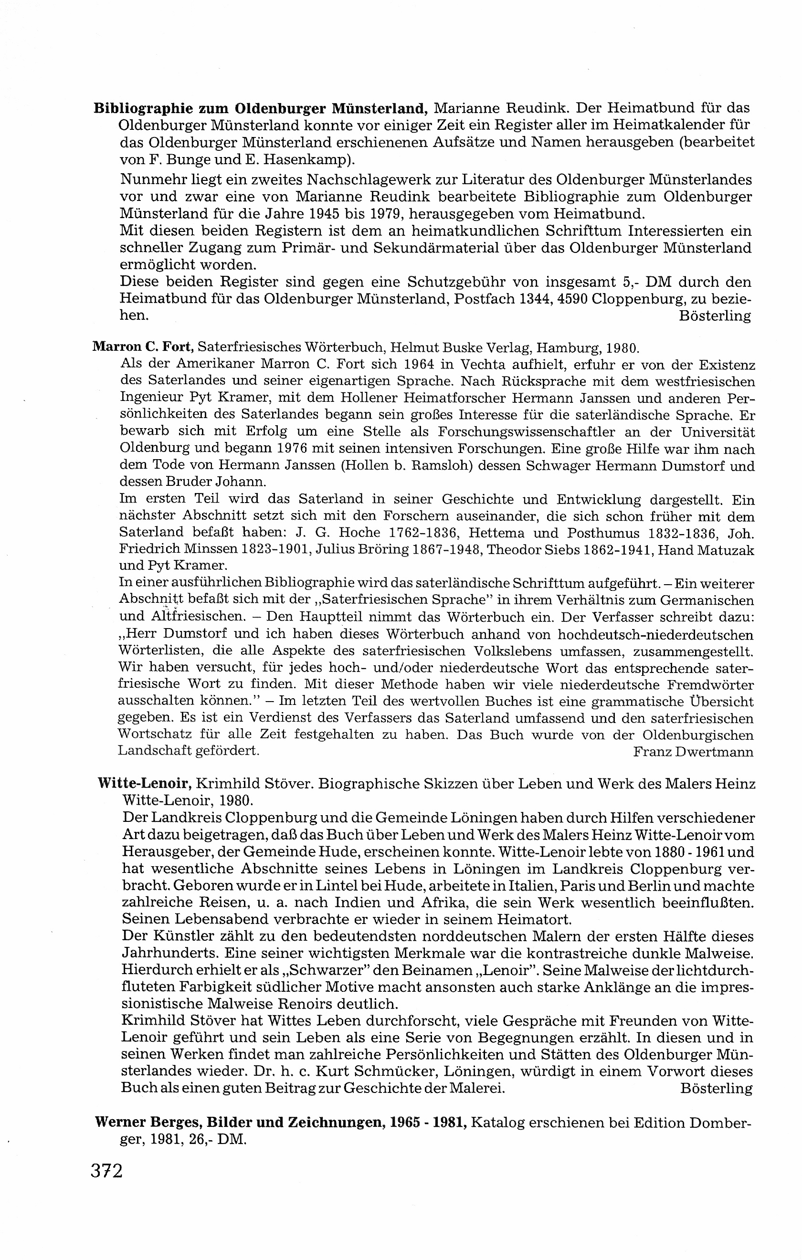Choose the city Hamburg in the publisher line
click(x=563, y=346)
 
